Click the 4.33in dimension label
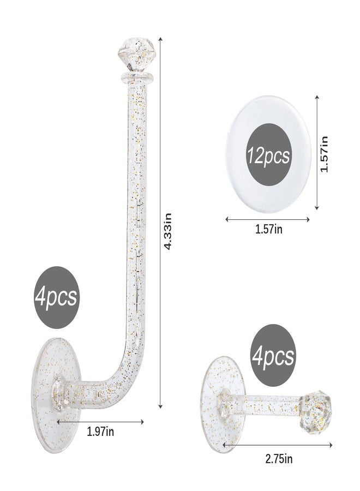(168, 231)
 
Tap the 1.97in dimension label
(100, 432)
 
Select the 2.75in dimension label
(279, 459)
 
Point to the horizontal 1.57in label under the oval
(268, 229)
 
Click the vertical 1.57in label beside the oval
(324, 154)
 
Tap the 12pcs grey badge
(268, 154)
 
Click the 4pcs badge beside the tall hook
(56, 297)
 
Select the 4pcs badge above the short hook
(273, 355)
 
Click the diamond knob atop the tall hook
(136, 54)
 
